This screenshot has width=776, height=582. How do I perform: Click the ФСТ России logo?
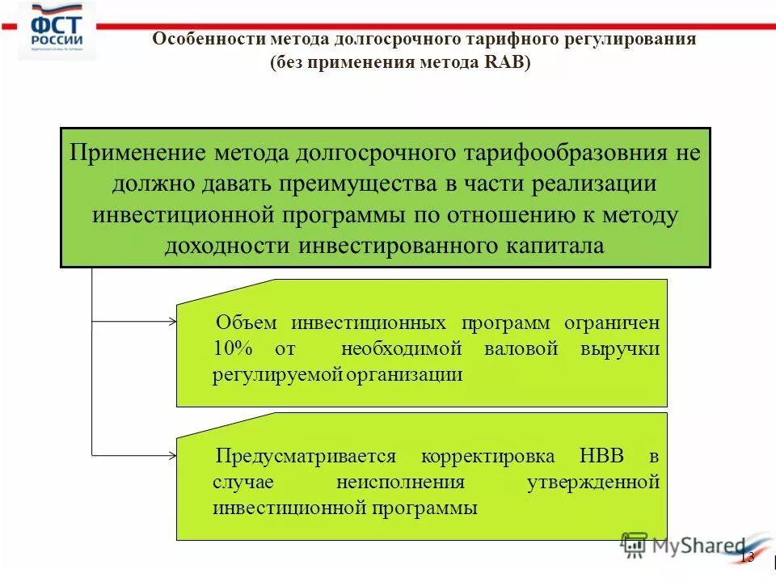coord(56,31)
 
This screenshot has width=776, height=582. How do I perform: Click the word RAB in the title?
coord(504,63)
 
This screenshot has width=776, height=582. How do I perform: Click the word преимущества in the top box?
coord(359,184)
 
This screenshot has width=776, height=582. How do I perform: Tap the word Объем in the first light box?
coord(247,323)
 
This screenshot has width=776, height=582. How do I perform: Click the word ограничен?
coord(614,323)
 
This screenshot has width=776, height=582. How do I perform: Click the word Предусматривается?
coord(306,456)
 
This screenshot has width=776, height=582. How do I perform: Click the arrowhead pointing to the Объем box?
coord(172,322)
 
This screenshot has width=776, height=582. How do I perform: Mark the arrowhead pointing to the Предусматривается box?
coord(172,455)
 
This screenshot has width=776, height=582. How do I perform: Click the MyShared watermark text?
coord(698,546)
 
